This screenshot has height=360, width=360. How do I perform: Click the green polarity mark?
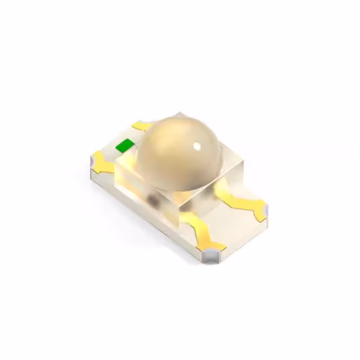click(x=124, y=146)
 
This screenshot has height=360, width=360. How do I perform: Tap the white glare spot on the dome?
click(x=197, y=147)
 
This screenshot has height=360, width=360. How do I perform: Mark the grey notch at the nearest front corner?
click(x=212, y=255)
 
